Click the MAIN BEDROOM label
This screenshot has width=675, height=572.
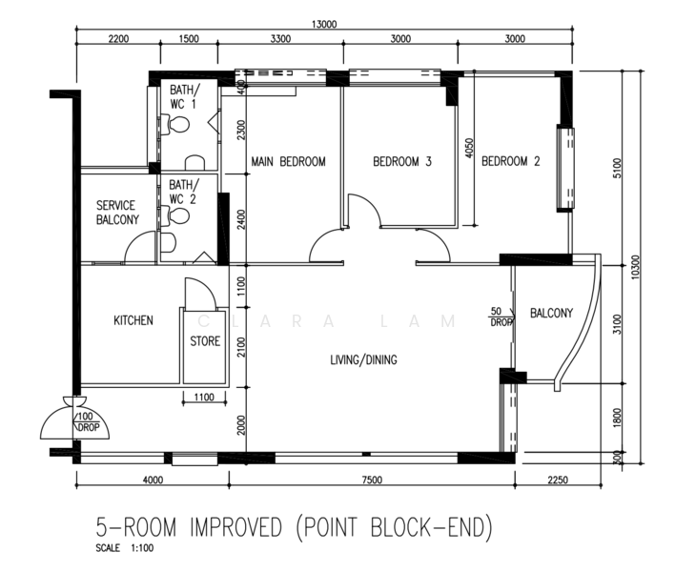click(x=288, y=162)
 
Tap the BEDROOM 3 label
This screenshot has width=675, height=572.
click(x=402, y=162)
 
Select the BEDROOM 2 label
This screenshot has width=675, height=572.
click(x=511, y=161)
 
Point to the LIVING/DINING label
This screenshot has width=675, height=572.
click(x=364, y=359)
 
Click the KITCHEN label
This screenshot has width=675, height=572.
click(x=133, y=320)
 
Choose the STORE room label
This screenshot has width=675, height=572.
click(x=205, y=341)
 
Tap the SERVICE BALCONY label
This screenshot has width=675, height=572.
click(x=117, y=213)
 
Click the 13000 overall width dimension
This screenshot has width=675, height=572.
click(x=324, y=24)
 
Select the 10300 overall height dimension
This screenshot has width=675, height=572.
click(x=636, y=267)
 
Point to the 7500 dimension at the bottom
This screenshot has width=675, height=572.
click(x=372, y=480)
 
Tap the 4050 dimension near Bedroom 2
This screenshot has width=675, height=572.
click(x=469, y=148)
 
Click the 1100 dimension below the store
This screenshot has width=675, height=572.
click(x=204, y=397)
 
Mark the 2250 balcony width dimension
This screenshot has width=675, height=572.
click(x=558, y=480)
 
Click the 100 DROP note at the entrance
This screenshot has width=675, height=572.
click(x=88, y=421)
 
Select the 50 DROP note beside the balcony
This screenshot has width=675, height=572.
click(x=501, y=317)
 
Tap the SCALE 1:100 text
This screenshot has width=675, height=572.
click(x=124, y=548)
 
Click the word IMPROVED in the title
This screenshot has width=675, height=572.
click(x=235, y=527)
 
